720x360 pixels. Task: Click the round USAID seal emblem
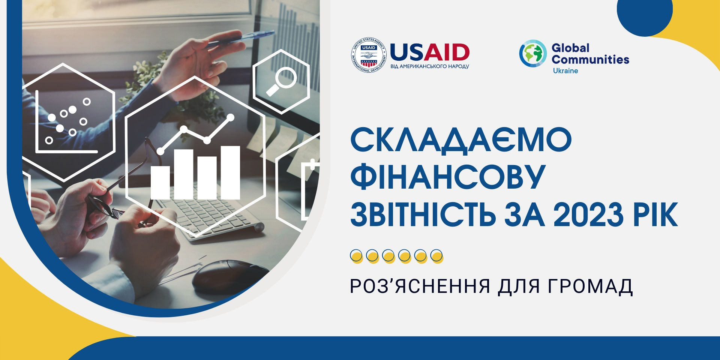368,55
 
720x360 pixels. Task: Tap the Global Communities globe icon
533,54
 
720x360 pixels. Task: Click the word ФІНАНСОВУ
448,176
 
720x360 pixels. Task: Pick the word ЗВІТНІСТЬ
423,214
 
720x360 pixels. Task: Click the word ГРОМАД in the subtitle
590,286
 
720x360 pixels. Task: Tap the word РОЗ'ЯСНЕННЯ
420,286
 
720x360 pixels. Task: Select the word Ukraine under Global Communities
565,71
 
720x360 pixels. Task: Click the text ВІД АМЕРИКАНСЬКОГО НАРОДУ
430,66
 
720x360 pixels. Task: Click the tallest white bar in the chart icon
230,172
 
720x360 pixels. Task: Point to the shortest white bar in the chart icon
160,183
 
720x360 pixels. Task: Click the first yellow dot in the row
356,256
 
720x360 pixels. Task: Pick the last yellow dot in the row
437,256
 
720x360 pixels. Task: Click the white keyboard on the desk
210,217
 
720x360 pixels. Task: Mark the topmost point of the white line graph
231,117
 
